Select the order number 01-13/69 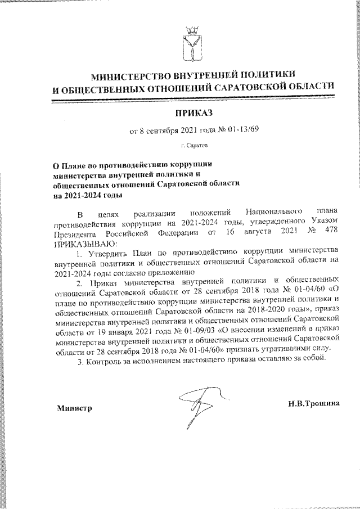tap(244, 132)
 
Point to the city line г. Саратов tap(193, 146)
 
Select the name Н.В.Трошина tap(312, 404)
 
